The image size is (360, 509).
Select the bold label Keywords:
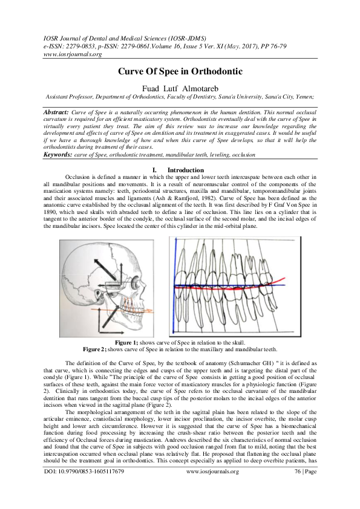58,155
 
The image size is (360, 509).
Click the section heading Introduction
186,170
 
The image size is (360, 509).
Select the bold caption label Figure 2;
94,349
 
